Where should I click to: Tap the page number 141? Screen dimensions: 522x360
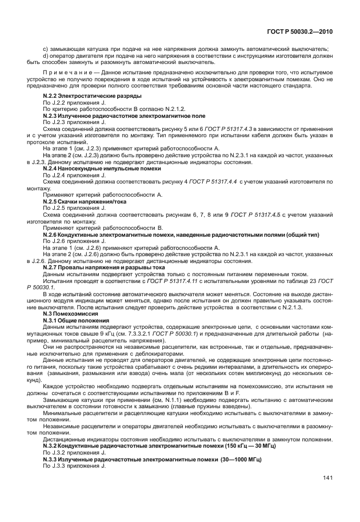pyautogui.click(x=328, y=478)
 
